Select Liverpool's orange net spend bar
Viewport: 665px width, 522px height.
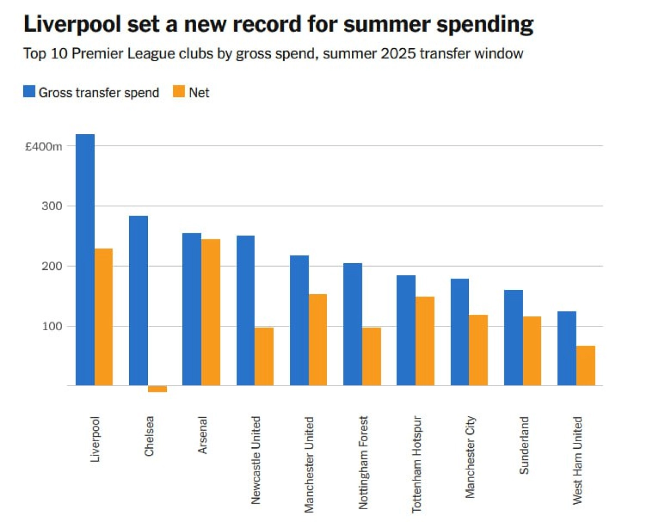click(104, 317)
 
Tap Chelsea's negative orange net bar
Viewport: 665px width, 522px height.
click(157, 388)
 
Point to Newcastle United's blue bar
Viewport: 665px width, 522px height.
click(245, 310)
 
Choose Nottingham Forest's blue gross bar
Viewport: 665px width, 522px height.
click(352, 324)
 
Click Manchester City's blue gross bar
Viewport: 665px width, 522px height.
click(459, 332)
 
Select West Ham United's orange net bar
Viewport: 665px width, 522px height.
click(586, 365)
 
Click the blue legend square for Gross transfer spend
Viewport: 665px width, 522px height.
click(29, 92)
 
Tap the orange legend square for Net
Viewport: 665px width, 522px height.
click(180, 92)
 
